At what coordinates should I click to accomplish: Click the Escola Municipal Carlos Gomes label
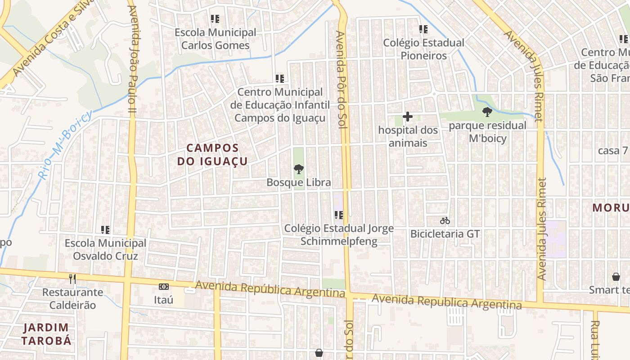215,39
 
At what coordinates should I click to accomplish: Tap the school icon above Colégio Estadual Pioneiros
423,29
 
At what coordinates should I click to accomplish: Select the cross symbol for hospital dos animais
408,117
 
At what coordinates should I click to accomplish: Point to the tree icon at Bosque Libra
298,169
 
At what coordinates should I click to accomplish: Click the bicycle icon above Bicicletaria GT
445,220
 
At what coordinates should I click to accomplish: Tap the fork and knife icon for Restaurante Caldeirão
72,279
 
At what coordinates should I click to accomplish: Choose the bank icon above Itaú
164,287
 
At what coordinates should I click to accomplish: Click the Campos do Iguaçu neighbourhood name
212,154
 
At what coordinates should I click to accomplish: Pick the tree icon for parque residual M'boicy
487,112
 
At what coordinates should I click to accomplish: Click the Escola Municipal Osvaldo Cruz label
105,250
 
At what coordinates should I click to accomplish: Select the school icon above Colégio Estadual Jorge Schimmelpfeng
339,215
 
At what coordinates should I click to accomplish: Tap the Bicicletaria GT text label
445,234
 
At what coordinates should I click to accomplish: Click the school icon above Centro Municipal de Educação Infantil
280,79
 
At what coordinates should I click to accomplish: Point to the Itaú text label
164,299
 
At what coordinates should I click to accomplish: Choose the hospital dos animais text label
408,136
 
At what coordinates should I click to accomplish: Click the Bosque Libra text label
299,182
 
